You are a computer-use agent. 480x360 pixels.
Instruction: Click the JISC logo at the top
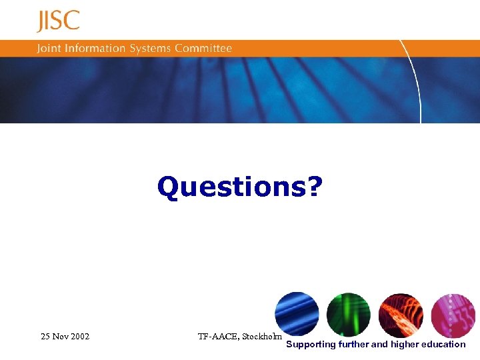pyautogui.click(x=58, y=21)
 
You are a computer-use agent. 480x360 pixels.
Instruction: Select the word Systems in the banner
pyautogui.click(x=152, y=48)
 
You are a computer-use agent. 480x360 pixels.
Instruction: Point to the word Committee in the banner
pyautogui.click(x=203, y=48)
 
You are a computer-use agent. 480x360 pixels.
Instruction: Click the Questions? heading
pyautogui.click(x=239, y=187)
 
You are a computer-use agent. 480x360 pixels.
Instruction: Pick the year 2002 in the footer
pyautogui.click(x=80, y=336)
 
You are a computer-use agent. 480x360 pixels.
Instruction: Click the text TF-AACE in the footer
pyautogui.click(x=218, y=336)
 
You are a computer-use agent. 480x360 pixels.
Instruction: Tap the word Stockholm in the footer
pyautogui.click(x=263, y=336)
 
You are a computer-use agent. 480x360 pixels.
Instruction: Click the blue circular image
pyautogui.click(x=297, y=314)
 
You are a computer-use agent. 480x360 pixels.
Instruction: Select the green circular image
pyautogui.click(x=349, y=314)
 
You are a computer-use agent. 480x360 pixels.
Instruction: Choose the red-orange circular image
pyautogui.click(x=401, y=314)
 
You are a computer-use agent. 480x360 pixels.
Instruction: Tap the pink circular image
pyautogui.click(x=453, y=314)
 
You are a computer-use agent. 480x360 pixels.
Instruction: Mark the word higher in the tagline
pyautogui.click(x=405, y=345)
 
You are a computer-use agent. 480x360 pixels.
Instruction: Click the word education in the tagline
pyautogui.click(x=444, y=345)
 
